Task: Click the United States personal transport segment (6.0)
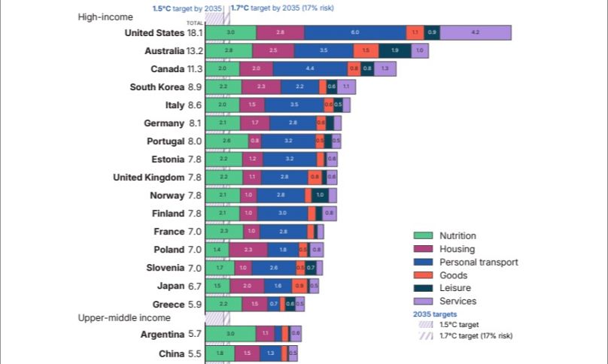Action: point(354,33)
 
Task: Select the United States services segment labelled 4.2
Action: point(475,33)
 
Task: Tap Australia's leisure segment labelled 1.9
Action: point(395,51)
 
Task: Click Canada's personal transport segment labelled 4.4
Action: point(310,69)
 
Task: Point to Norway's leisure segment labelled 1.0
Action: point(320,196)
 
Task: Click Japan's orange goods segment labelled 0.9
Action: point(299,286)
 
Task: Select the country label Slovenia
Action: point(165,268)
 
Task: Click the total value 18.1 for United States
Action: point(195,33)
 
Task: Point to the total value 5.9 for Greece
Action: point(195,305)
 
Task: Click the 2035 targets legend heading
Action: point(435,314)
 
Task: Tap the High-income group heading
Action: point(105,17)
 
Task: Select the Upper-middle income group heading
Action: point(124,318)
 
